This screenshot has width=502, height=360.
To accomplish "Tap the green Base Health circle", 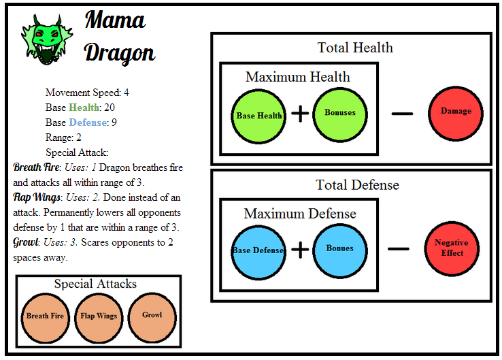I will tap(259, 115).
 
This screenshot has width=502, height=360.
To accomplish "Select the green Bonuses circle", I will tap(340, 113).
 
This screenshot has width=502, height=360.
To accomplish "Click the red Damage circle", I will tap(456, 112).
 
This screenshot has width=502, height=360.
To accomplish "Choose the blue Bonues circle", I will tap(340, 248).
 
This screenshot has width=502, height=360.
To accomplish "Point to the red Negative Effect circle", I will tap(451, 248).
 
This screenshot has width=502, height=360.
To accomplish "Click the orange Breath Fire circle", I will tap(45, 316).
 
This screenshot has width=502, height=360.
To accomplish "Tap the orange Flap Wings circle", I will tap(99, 316).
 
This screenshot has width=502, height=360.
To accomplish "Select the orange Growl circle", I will tap(152, 316).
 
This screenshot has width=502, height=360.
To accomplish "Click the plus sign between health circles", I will tap(299, 114).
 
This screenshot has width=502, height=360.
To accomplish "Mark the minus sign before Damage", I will tap(402, 112).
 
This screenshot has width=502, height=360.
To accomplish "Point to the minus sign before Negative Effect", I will tap(398, 249).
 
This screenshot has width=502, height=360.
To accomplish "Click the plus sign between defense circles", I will tap(299, 250).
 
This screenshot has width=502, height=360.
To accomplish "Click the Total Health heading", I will tap(355, 48).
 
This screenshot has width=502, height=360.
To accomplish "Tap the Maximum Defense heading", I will tap(299, 214).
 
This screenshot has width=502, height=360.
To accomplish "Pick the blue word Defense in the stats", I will tap(88, 122).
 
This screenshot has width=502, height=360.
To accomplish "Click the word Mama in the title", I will tap(115, 20).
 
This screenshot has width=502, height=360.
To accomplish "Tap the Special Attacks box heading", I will tap(95, 284).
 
